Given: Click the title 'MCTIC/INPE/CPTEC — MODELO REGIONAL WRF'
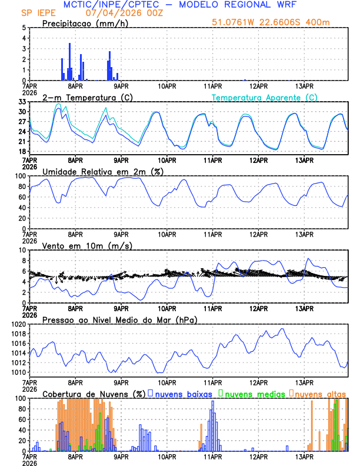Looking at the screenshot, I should (179, 5).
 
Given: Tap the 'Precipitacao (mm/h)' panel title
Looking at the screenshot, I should (86, 23).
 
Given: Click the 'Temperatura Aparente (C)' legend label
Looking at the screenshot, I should (265, 97).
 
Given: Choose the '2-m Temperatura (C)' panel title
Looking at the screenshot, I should (86, 97).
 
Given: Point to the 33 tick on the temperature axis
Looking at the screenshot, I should (22, 102).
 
